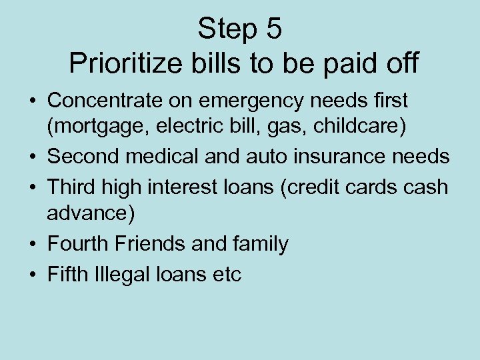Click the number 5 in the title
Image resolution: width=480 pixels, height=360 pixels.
(x=274, y=29)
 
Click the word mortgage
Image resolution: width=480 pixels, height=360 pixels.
(x=94, y=127)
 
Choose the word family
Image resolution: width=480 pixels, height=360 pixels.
(x=258, y=244)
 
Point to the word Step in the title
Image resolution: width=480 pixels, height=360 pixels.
(x=227, y=29)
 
